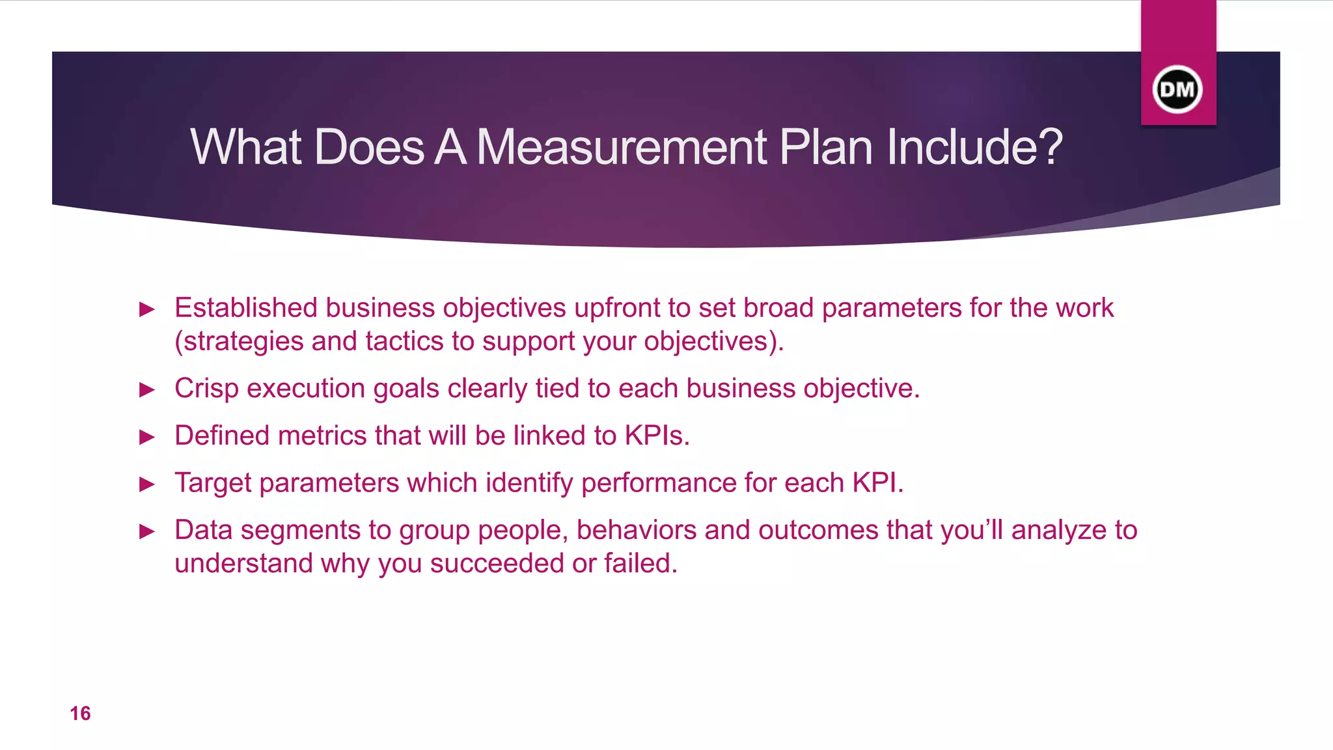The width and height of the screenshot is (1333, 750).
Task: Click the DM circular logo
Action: click(x=1177, y=89)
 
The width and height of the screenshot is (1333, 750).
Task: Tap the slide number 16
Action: click(x=80, y=714)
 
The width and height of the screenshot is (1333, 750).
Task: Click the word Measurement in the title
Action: click(x=622, y=147)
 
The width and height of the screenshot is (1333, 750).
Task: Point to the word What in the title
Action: click(x=247, y=147)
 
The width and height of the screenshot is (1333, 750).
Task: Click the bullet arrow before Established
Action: click(x=148, y=309)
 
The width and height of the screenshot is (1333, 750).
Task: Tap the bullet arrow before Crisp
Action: click(x=148, y=390)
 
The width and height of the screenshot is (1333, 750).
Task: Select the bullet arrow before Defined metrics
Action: click(x=148, y=437)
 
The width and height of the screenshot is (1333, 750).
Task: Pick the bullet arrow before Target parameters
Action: click(x=148, y=484)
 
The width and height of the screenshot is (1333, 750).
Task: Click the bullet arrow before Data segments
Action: click(x=148, y=532)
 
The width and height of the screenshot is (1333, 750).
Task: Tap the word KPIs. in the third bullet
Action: click(x=657, y=436)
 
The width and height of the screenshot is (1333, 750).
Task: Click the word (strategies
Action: click(x=239, y=342)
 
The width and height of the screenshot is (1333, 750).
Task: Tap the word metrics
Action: click(x=322, y=436)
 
